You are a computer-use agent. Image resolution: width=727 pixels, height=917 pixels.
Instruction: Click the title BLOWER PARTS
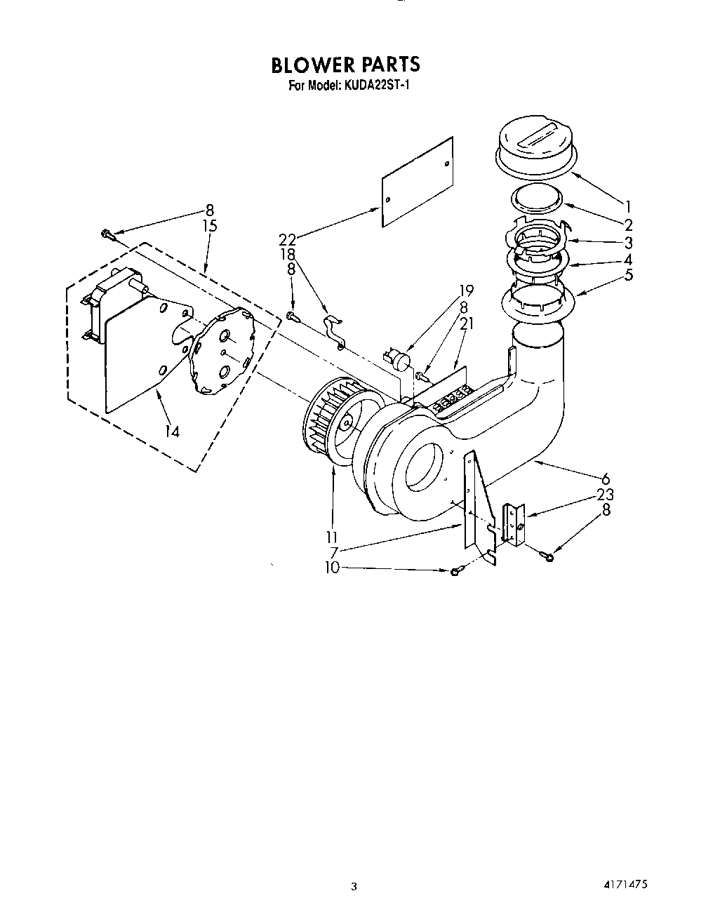point(345,65)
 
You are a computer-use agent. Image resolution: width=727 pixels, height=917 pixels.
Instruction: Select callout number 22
point(288,239)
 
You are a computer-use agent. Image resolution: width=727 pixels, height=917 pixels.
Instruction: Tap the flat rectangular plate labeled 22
point(416,181)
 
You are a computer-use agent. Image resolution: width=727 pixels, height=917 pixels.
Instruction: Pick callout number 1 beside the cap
point(628,206)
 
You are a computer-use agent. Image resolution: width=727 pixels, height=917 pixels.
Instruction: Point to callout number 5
point(628,274)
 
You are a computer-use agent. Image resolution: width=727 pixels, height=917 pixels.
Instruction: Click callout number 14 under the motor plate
point(172,431)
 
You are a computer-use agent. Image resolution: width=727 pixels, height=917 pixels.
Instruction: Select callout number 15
point(208,226)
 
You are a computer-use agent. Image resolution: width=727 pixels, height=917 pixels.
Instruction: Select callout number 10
point(331,567)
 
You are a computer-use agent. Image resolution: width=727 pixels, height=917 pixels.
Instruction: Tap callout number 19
point(467,290)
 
